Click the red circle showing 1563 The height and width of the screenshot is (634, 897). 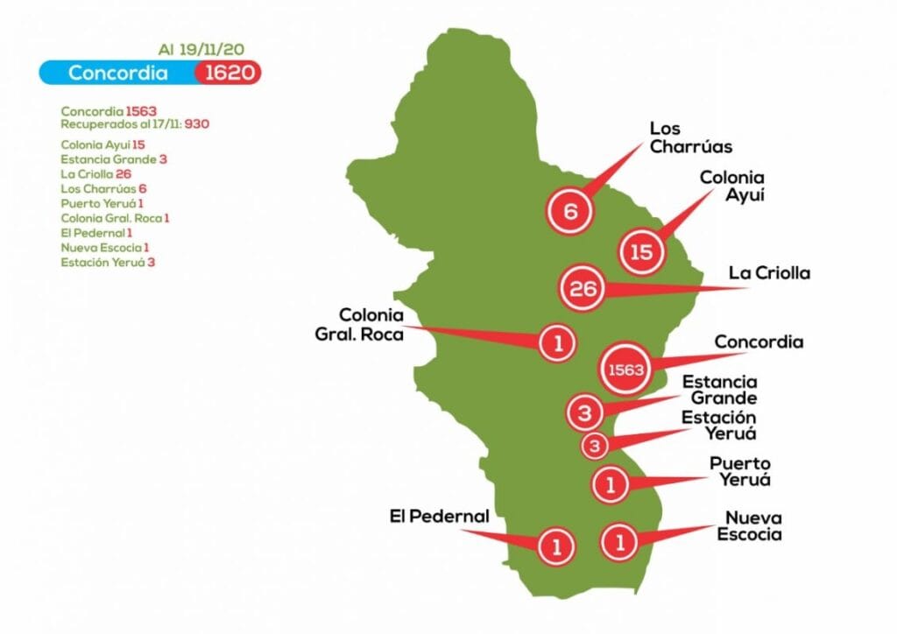pos(626,370)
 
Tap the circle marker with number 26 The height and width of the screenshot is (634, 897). pos(583,288)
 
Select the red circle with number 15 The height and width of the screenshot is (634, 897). pos(641,252)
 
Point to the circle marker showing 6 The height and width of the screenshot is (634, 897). pos(569,211)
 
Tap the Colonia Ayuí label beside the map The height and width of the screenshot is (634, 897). pos(731,186)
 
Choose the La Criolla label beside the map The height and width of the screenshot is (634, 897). pos(769,273)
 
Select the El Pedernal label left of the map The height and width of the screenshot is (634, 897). pos(439,517)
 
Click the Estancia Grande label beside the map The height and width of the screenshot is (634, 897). pos(719,390)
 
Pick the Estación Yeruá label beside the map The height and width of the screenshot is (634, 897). pos(719,425)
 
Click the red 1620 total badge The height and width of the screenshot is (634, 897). pos(228,73)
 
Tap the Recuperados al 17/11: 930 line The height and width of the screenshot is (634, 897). pos(135,124)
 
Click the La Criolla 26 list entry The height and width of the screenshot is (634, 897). pos(95,173)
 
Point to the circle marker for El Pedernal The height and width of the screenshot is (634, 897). pos(555,546)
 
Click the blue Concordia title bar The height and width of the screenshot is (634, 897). pos(118,73)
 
